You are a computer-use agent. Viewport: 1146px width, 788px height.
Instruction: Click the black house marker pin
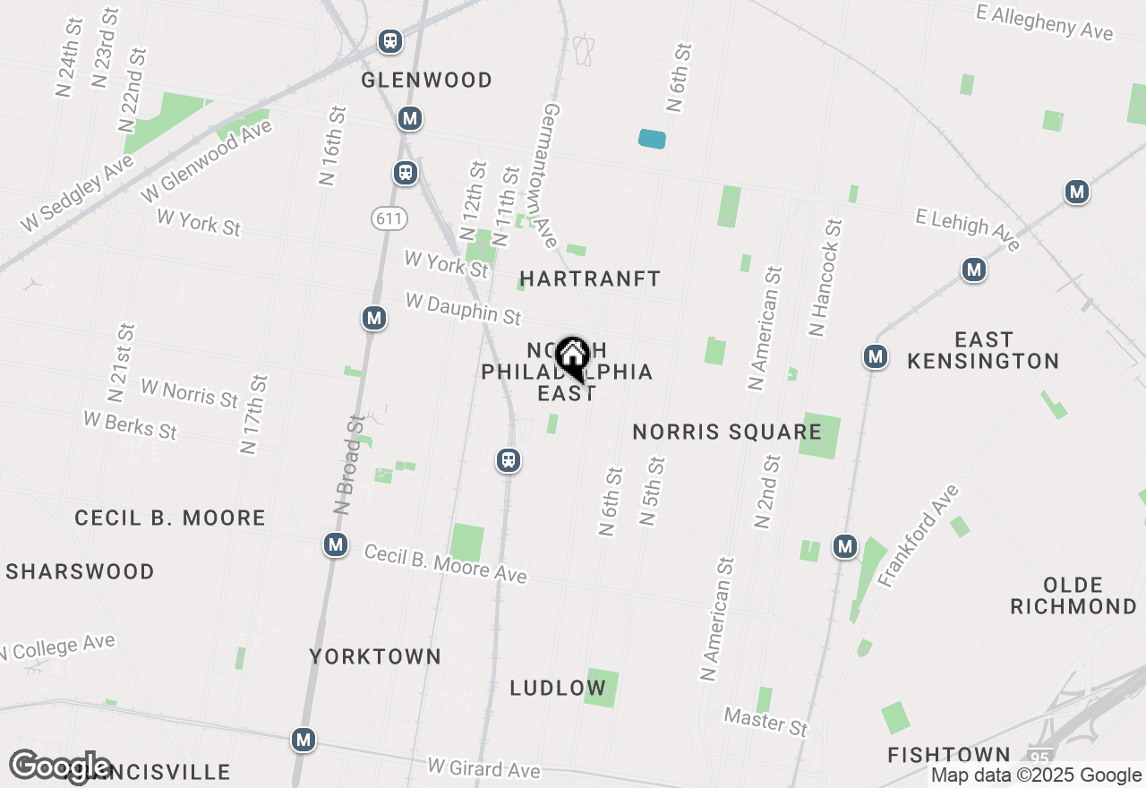[571, 359]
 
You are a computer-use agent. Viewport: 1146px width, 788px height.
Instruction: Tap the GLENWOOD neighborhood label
[426, 81]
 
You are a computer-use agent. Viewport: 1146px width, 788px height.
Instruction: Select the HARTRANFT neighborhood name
[590, 279]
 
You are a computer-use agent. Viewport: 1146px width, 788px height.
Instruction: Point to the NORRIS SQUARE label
[727, 433]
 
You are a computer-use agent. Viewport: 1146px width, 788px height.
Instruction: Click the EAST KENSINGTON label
[983, 350]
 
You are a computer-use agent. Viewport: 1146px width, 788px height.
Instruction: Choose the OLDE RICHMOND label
[1073, 595]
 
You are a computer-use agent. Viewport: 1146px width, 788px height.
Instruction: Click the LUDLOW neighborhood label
[558, 689]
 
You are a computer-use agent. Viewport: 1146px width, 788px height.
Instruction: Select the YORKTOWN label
[375, 657]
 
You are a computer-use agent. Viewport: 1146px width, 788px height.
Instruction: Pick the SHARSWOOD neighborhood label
[81, 572]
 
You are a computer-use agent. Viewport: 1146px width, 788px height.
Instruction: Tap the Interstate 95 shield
[1039, 758]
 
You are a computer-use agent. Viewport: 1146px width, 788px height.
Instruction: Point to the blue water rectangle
[652, 139]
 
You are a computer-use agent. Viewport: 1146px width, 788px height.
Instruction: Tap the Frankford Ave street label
[919, 535]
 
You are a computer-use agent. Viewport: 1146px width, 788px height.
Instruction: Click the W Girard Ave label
[483, 768]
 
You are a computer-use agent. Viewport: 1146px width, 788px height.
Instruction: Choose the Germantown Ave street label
[552, 175]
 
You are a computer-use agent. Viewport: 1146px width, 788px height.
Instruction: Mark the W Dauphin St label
[463, 309]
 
